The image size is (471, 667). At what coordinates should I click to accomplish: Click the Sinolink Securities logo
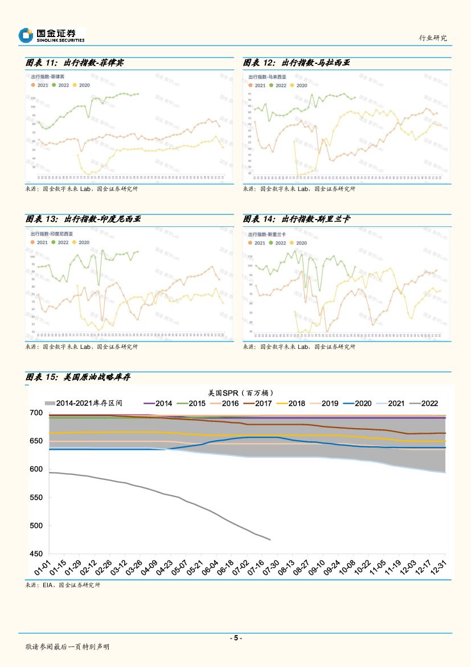click(51, 36)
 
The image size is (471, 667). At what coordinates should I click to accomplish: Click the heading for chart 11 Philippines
click(75, 63)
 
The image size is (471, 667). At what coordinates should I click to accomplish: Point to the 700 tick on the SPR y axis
click(35, 413)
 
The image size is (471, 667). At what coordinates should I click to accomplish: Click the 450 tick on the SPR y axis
click(35, 554)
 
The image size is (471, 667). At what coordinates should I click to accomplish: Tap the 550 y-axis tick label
click(35, 498)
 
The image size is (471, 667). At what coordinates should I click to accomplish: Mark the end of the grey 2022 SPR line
click(270, 540)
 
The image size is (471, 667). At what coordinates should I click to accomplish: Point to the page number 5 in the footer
click(235, 638)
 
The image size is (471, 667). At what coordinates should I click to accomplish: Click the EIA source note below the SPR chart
click(63, 585)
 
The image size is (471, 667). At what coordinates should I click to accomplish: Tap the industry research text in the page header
click(433, 38)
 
